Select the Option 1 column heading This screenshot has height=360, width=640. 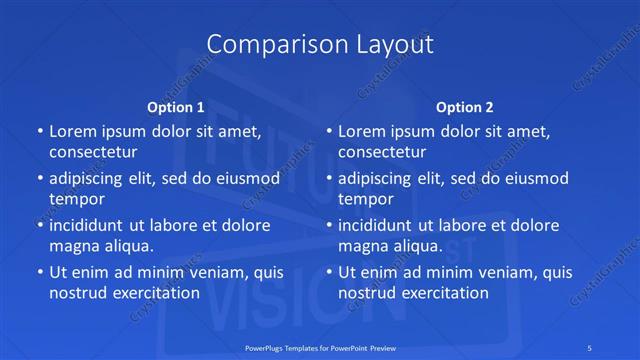point(176,106)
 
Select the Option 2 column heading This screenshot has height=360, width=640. point(465,106)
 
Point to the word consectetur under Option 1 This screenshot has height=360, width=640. point(93,152)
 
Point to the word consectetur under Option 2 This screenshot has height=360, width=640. point(383,152)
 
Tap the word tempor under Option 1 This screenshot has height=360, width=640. point(77,199)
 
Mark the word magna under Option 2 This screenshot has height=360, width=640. point(363,245)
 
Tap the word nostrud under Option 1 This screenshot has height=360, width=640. point(76,293)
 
